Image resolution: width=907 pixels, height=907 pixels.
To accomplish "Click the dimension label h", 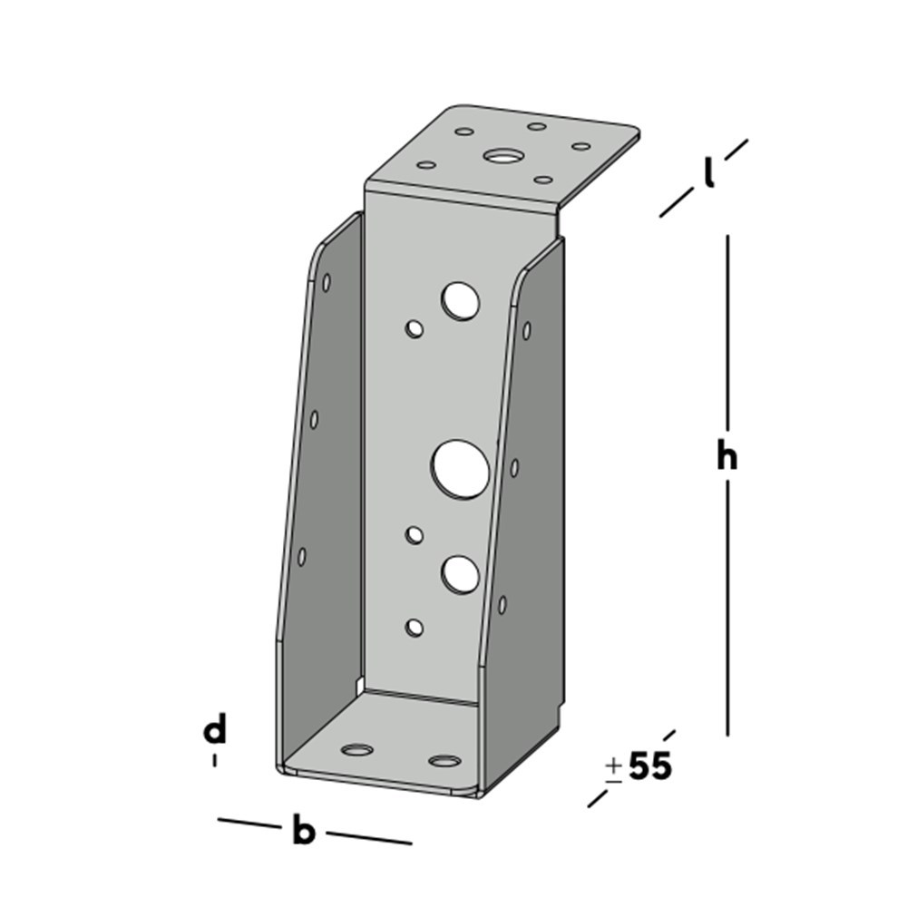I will click(x=727, y=456).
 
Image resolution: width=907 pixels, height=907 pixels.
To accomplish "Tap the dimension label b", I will click(x=303, y=830).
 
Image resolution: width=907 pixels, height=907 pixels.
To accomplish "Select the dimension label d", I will click(x=214, y=730).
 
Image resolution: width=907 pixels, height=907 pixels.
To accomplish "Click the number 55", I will click(x=650, y=767).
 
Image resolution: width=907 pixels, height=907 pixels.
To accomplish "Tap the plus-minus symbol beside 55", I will click(x=614, y=769).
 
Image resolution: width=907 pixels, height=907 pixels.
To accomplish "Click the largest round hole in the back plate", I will click(x=461, y=469).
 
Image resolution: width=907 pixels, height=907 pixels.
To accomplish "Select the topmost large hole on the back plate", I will click(x=461, y=300).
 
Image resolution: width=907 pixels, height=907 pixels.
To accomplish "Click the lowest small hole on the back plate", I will click(x=414, y=627).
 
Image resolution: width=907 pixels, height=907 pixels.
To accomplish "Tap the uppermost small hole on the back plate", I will click(x=415, y=327).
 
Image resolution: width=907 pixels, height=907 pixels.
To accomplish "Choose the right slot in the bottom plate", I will click(x=444, y=760).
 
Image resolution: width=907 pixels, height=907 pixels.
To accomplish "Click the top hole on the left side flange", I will click(x=327, y=282).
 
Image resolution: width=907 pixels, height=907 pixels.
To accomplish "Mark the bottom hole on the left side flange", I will click(x=302, y=556).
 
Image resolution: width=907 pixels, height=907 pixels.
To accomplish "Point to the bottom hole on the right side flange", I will click(x=502, y=604).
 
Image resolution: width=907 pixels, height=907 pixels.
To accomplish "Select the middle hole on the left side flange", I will click(x=315, y=419).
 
